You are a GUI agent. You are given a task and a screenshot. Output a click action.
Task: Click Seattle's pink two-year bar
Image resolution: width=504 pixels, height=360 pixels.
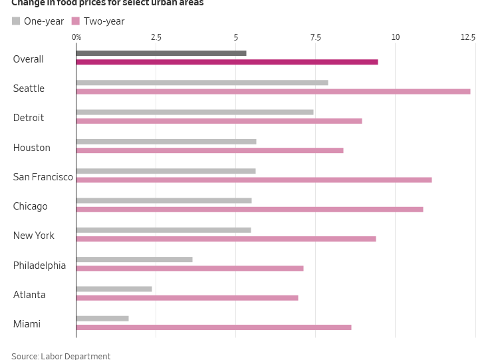tap(273, 91)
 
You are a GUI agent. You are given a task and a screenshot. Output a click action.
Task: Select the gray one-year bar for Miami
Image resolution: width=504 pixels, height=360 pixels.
tap(102, 318)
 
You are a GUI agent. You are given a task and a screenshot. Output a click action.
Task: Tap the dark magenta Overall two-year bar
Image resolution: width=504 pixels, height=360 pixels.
tap(227, 62)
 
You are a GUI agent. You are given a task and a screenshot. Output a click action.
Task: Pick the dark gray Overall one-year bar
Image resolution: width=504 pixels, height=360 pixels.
tap(161, 53)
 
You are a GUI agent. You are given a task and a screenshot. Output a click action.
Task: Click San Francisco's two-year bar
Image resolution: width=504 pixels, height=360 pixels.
tap(253, 180)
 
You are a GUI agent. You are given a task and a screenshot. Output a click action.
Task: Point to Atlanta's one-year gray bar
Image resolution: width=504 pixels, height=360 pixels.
tap(114, 289)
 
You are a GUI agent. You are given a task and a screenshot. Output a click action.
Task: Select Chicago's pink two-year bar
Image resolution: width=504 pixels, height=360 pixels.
tap(249, 209)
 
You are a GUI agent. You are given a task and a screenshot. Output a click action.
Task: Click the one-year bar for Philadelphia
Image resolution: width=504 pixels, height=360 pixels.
tap(134, 260)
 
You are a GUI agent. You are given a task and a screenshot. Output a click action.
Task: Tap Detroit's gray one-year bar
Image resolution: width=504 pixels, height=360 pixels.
tap(194, 112)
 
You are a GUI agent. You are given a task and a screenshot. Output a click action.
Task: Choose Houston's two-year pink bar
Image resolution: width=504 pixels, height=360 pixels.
tap(209, 150)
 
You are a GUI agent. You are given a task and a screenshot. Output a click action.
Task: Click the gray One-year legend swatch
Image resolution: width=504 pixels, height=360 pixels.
tap(16, 21)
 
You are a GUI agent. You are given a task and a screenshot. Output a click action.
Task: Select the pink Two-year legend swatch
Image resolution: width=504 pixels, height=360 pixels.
tap(76, 21)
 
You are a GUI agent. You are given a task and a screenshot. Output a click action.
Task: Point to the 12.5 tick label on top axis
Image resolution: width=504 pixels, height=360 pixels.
tap(468, 37)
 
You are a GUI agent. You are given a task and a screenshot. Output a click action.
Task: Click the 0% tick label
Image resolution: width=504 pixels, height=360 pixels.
tap(76, 37)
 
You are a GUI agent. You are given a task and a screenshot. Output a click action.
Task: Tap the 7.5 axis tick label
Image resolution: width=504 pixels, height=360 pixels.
tap(315, 37)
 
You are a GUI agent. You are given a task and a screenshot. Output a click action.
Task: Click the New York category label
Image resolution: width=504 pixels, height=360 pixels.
tap(34, 236)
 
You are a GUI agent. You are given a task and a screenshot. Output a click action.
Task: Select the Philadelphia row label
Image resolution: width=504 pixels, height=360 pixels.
tap(39, 266)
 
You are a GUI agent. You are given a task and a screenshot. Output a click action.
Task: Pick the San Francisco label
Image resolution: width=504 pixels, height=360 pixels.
tap(43, 177)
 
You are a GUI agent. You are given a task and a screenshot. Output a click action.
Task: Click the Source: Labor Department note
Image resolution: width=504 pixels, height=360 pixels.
tap(61, 356)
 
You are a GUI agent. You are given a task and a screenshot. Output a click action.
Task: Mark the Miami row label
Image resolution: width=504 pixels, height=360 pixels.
tap(27, 324)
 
